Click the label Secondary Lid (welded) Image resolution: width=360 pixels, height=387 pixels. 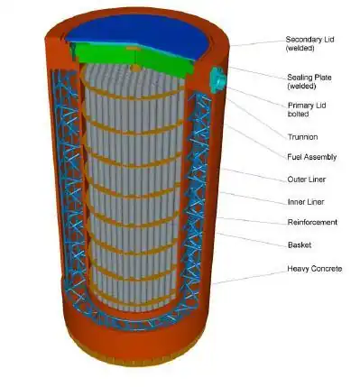tap(309, 43)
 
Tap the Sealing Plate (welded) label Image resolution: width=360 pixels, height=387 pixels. tap(309, 81)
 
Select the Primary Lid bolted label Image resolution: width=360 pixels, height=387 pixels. tap(307, 109)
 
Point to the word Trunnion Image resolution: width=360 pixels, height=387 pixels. tap(302, 137)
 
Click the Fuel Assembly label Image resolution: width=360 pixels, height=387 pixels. tap(312, 157)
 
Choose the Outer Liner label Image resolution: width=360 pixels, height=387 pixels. tap(307, 180)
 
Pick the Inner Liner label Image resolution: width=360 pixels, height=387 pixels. tap(306, 202)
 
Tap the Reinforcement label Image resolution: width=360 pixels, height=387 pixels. tap(312, 222)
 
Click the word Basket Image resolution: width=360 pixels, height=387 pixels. tap(300, 244)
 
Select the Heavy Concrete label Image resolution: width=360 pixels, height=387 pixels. tap(315, 268)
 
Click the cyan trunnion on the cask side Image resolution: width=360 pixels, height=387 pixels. tap(217, 79)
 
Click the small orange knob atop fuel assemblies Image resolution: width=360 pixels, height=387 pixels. tap(136, 69)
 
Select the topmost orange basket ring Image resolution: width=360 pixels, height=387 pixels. tap(133, 94)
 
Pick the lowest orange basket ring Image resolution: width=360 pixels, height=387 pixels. tap(133, 303)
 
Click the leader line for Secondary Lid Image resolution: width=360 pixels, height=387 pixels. tap(257, 43)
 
